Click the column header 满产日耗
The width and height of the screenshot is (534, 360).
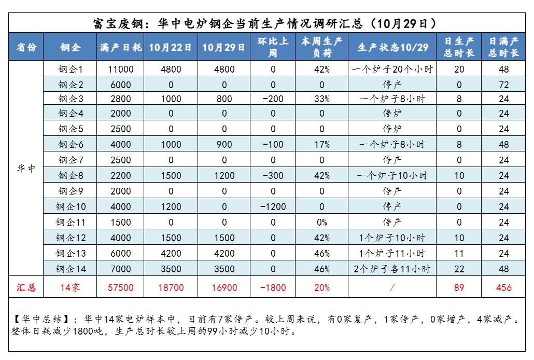pyautogui.click(x=120, y=47)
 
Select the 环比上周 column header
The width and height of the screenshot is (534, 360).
pyautogui.click(x=273, y=47)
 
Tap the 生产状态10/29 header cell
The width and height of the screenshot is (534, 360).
pyautogui.click(x=392, y=47)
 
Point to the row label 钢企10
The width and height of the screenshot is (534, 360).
pyautogui.click(x=71, y=206)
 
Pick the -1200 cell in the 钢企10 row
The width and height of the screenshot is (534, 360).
pyautogui.click(x=273, y=206)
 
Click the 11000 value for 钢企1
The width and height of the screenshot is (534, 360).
pyautogui.click(x=121, y=69)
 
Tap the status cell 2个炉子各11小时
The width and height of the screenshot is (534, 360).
pyautogui.click(x=392, y=269)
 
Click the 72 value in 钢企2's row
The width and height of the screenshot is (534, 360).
pyautogui.click(x=503, y=85)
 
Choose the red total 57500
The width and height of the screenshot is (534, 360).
pyautogui.click(x=121, y=287)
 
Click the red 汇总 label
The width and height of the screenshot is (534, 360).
pyautogui.click(x=26, y=287)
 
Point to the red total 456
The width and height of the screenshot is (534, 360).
pyautogui.click(x=503, y=287)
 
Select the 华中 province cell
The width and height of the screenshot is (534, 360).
pyautogui.click(x=26, y=169)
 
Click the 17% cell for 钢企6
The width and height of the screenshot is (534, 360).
pyautogui.click(x=321, y=145)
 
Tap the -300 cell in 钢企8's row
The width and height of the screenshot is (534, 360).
pyautogui.click(x=273, y=176)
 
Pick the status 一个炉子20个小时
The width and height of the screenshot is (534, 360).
pyautogui.click(x=392, y=69)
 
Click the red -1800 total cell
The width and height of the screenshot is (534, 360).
pyautogui.click(x=273, y=287)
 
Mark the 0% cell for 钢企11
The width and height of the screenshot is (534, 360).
pyautogui.click(x=321, y=222)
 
